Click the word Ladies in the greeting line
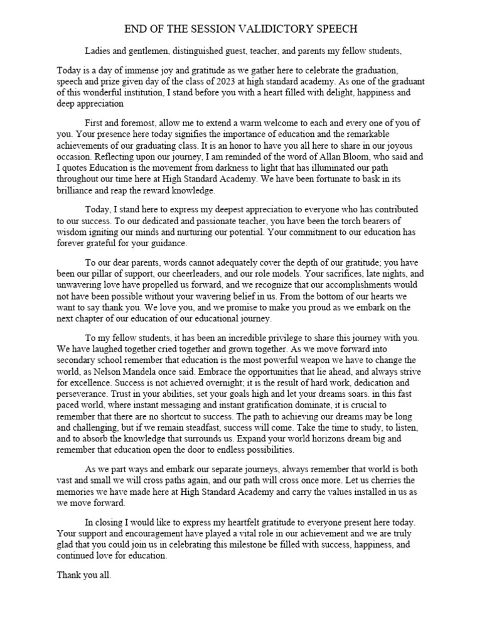(x=99, y=51)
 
